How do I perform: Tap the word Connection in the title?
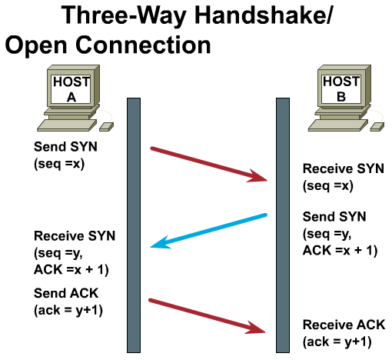click(x=143, y=45)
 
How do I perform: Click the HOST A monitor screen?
click(x=71, y=89)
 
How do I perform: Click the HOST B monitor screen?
click(x=341, y=89)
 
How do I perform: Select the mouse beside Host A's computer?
click(x=106, y=127)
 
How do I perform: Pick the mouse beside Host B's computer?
click(x=377, y=127)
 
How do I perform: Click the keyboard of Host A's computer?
click(x=67, y=125)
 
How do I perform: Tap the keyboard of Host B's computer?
click(x=338, y=125)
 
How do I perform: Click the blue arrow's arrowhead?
click(x=160, y=243)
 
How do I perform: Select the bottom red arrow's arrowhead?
click(x=255, y=328)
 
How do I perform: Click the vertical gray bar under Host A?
click(x=134, y=225)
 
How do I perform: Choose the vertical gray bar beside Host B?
click(x=283, y=225)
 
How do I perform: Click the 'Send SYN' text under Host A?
click(x=65, y=147)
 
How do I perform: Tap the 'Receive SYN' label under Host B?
click(x=344, y=168)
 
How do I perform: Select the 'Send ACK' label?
click(x=66, y=293)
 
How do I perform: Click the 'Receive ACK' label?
click(x=344, y=325)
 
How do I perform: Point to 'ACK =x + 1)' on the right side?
click(x=340, y=251)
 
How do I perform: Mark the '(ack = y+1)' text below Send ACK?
click(x=68, y=311)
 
